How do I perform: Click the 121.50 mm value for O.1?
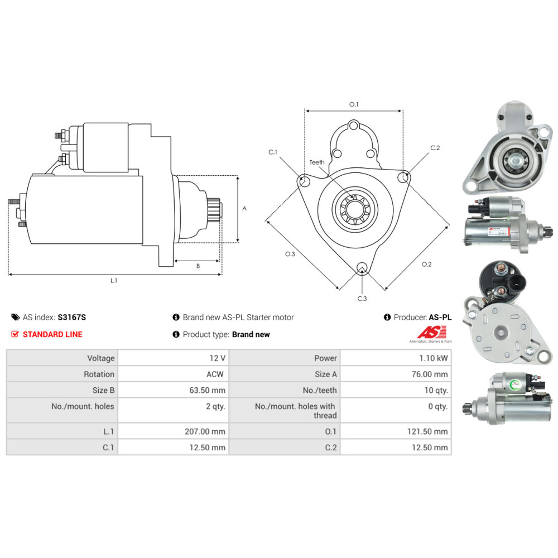pos(430,431)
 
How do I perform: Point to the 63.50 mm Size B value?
pos(208,391)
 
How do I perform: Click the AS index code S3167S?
pos(72,318)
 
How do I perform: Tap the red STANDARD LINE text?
pos(52,334)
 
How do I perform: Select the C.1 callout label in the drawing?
pos(272,152)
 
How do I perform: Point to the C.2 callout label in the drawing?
pos(435,148)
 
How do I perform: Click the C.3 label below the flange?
pos(362,299)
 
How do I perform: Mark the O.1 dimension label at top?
pos(353,104)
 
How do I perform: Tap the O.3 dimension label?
pos(290,254)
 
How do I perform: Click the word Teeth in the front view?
pos(317,162)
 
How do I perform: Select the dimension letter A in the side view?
pos(244,208)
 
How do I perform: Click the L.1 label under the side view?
pos(113,281)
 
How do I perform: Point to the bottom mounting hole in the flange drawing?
pos(362,267)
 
